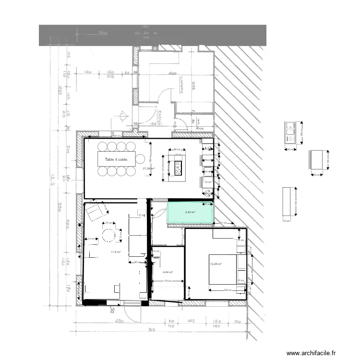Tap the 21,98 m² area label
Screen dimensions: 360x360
pyautogui.click(x=148, y=168)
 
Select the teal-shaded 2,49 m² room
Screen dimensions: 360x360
pyautogui.click(x=190, y=213)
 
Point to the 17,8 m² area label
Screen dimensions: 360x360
pyautogui.click(x=116, y=252)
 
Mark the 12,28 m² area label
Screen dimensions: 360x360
pyautogui.click(x=216, y=264)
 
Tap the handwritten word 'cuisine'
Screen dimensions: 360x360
pyautogui.click(x=181, y=85)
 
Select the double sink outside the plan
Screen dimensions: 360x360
pyautogui.click(x=291, y=132)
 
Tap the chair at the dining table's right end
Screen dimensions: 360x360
pyautogui.click(x=142, y=158)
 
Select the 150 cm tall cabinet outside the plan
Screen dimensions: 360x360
pyautogui.click(x=288, y=202)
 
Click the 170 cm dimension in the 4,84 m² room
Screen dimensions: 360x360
pyautogui.click(x=168, y=281)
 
